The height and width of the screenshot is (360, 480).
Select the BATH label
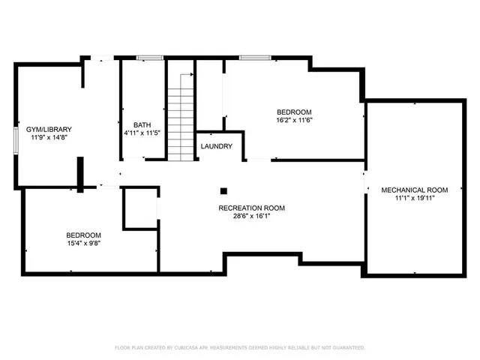pos(142,124)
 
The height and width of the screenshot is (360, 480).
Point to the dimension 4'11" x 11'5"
pos(142,133)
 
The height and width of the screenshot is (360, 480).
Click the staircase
pos(180,120)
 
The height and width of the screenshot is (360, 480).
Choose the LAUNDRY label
pos(217,146)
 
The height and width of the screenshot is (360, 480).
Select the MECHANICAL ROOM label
pos(414,190)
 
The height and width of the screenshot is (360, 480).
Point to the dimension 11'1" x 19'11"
pos(414,198)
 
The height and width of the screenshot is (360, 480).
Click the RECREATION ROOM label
pos(251,208)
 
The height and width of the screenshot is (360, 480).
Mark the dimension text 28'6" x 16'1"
pos(251,217)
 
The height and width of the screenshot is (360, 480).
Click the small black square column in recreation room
pos(223,191)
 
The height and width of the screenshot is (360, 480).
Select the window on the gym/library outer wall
pos(16,141)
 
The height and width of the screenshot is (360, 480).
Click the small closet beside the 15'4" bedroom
pos(139,208)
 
